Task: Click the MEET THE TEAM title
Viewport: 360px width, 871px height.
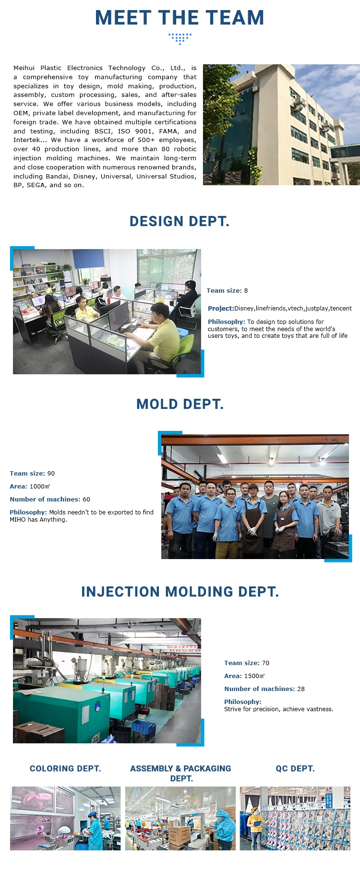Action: (180, 18)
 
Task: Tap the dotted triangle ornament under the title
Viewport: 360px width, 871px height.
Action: (180, 38)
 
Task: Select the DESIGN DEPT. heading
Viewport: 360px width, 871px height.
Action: (180, 221)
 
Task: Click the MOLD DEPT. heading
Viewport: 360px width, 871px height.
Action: (180, 404)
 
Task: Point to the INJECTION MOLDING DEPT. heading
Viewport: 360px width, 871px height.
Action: (180, 592)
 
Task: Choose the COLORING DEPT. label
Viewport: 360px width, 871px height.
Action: (65, 768)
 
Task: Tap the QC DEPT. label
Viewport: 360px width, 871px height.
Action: (295, 768)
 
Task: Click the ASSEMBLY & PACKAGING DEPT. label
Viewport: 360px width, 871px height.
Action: (181, 773)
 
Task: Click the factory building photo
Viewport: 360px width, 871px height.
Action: (281, 125)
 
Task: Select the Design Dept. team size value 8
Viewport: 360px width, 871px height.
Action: (246, 290)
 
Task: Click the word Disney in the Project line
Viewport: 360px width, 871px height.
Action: (244, 308)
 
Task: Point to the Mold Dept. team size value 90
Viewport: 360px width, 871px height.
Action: (51, 473)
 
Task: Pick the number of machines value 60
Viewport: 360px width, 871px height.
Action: (86, 499)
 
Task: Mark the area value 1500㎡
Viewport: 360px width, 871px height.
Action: (254, 676)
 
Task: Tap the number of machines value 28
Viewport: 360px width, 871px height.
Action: (301, 689)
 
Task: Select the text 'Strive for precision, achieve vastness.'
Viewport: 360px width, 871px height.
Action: (278, 709)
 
